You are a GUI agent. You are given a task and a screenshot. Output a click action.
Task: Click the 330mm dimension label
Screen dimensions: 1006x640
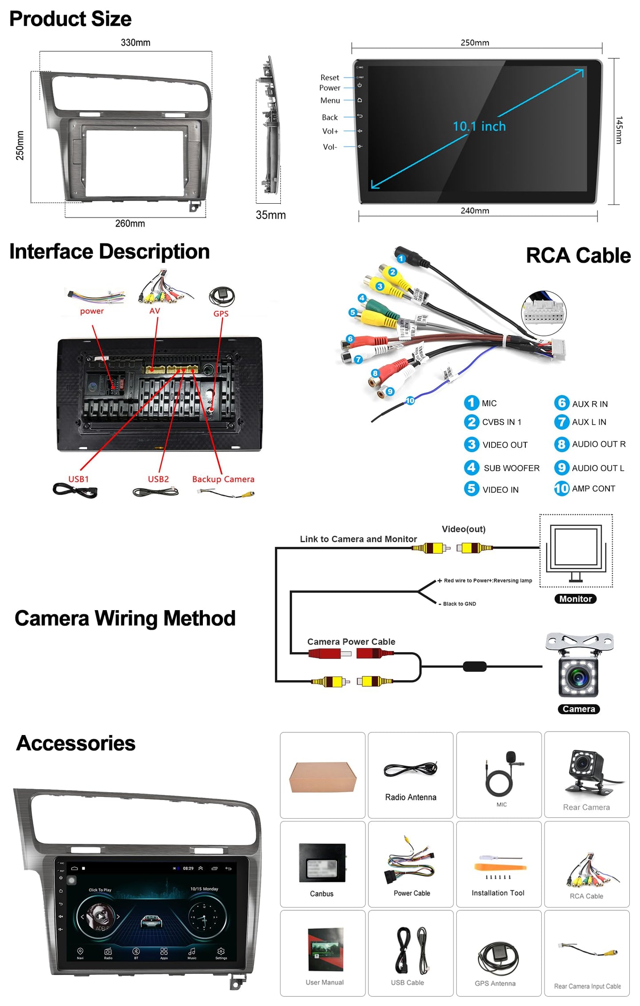point(136,43)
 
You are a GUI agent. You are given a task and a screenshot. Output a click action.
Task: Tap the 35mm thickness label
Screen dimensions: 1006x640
point(271,215)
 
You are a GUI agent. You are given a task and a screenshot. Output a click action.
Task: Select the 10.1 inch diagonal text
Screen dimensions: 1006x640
point(479,127)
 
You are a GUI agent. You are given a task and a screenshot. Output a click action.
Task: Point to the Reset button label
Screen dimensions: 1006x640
point(330,77)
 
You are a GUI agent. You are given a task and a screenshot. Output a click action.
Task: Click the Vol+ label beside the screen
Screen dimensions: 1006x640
point(330,131)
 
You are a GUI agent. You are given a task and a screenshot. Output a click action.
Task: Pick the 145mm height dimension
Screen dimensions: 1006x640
point(619,130)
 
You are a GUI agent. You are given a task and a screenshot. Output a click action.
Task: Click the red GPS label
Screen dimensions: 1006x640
point(221,313)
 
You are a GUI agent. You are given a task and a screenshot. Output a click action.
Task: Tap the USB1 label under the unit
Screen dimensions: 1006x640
point(78,479)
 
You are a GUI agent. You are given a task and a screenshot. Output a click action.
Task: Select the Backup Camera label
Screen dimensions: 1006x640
point(223,479)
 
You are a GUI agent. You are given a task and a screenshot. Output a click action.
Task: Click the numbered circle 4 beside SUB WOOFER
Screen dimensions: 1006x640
point(471,467)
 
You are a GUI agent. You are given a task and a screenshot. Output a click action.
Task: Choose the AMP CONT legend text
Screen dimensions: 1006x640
point(593,488)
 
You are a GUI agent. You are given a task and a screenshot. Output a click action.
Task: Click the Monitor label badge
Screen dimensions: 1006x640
point(575,599)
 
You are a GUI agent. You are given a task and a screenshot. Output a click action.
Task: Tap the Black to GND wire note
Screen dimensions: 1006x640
point(459,604)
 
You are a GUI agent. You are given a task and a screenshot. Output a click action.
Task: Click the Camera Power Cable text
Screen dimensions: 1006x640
point(351,642)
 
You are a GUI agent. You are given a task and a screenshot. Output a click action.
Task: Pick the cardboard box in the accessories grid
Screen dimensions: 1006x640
point(323,777)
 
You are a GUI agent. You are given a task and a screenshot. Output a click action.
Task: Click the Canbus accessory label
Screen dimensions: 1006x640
point(322,894)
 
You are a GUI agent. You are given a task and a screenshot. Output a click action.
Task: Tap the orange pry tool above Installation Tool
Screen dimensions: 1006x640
point(500,867)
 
